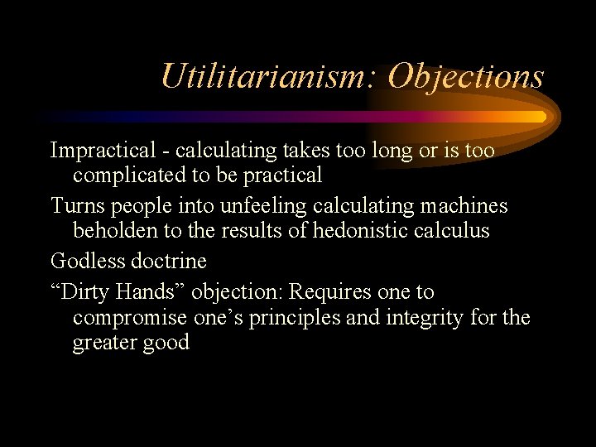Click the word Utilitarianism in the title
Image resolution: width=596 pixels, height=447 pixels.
click(x=269, y=77)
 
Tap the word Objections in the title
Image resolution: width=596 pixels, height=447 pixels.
click(x=466, y=77)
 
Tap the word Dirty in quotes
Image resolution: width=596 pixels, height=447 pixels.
click(x=86, y=292)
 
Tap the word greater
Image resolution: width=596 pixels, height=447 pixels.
click(x=106, y=343)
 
